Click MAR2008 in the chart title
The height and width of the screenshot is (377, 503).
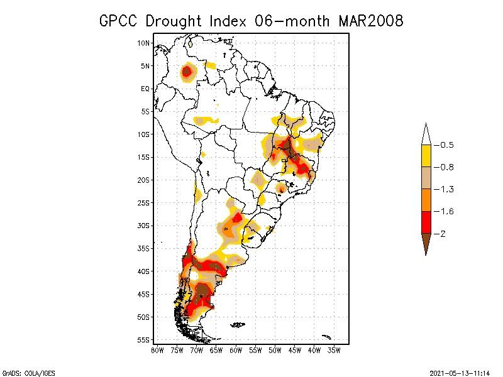370,21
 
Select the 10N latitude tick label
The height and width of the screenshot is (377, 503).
144,43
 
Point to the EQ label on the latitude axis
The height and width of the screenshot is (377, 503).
145,89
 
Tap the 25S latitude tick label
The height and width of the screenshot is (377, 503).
144,203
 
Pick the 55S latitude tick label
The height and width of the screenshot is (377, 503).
144,340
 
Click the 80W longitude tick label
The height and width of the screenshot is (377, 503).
157,350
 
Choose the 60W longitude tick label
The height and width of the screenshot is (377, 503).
236,350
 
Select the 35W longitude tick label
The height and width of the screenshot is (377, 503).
334,350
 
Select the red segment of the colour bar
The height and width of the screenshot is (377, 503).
426,222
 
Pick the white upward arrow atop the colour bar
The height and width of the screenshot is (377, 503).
426,134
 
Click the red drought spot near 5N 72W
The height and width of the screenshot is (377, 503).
187,72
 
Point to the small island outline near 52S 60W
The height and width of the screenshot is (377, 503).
238,325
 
